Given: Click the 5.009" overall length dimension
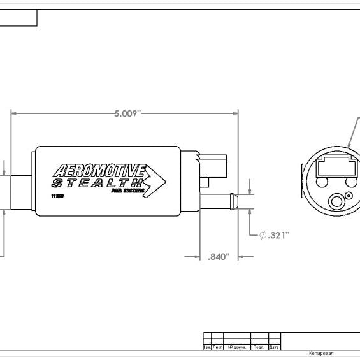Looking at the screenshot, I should (127, 114).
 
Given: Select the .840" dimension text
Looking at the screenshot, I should (219, 257).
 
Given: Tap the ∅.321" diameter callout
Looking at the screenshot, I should (274, 235).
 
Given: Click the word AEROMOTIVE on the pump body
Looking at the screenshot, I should (100, 171).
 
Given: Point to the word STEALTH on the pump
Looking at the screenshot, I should (96, 182).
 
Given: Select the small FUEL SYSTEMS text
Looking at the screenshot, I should (127, 191).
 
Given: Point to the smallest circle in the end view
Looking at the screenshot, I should (349, 195).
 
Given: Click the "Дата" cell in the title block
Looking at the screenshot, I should (274, 347).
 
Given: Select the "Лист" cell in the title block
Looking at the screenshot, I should (217, 347).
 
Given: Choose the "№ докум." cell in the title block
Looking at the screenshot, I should (237, 347).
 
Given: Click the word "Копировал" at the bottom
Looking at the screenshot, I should (321, 353).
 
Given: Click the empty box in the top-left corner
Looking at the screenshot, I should (18, 18).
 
